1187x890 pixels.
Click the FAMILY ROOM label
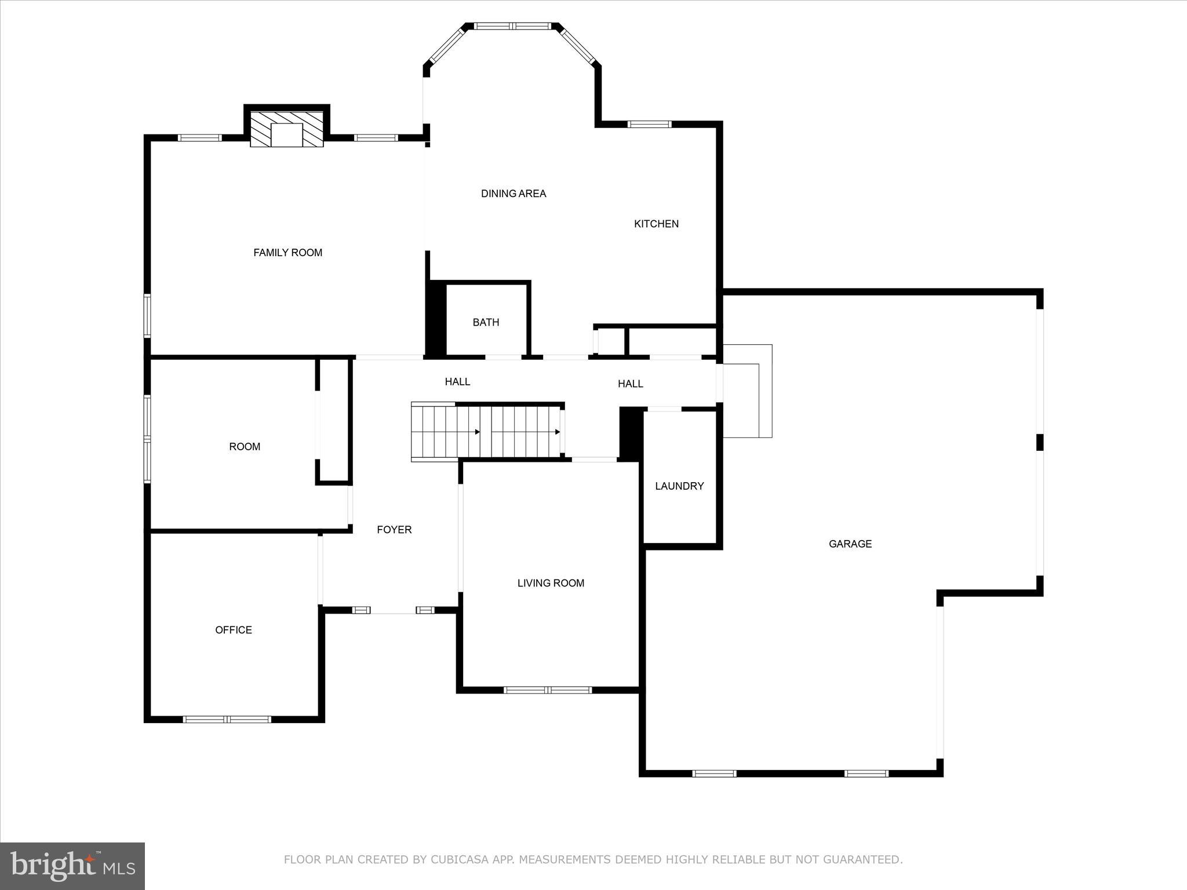pos(287,253)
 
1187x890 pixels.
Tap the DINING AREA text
pos(514,194)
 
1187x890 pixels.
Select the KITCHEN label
pos(656,224)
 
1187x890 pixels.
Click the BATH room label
pos(486,322)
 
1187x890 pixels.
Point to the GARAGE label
pos(850,544)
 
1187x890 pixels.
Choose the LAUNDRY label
pos(679,486)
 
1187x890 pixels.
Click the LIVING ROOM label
pos(551,583)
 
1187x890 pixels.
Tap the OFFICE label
pos(234,630)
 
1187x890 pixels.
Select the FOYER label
pos(394,530)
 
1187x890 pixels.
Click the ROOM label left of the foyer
pos(245,447)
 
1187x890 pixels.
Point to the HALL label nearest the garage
pos(630,384)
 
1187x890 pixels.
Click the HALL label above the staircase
pos(457,382)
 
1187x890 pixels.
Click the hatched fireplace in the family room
pos(287,129)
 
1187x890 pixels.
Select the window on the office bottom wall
pos(227,719)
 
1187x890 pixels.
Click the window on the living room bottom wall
pos(548,690)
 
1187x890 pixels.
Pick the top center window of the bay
pos(512,26)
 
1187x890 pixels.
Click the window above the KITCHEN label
pos(650,124)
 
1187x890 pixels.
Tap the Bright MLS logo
pos(72,865)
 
